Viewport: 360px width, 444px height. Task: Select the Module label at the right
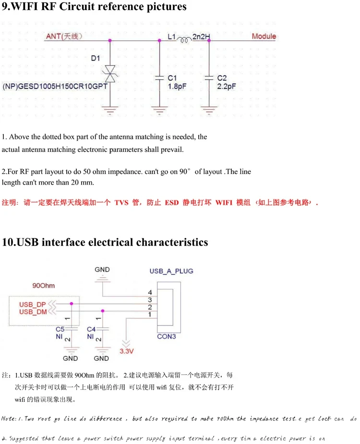pos(264,36)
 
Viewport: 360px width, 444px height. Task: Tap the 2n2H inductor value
pos(201,36)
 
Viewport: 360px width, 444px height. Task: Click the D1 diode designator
pos(95,59)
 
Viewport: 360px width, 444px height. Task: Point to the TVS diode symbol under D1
pos(110,77)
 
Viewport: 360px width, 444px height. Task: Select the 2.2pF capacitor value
pos(227,86)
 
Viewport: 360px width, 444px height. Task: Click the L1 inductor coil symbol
pos(184,40)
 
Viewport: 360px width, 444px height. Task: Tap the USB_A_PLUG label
pos(171,271)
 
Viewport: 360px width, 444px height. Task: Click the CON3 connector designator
pos(167,336)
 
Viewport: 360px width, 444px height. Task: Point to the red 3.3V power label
pos(126,352)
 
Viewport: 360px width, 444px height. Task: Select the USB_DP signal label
pos(32,304)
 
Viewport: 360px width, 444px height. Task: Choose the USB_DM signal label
pos(32,312)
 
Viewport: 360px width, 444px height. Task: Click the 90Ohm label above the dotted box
pos(43,285)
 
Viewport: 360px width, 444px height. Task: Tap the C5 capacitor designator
pos(60,329)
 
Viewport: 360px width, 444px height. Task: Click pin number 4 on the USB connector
pos(150,292)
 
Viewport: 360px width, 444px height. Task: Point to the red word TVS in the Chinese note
pos(121,203)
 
